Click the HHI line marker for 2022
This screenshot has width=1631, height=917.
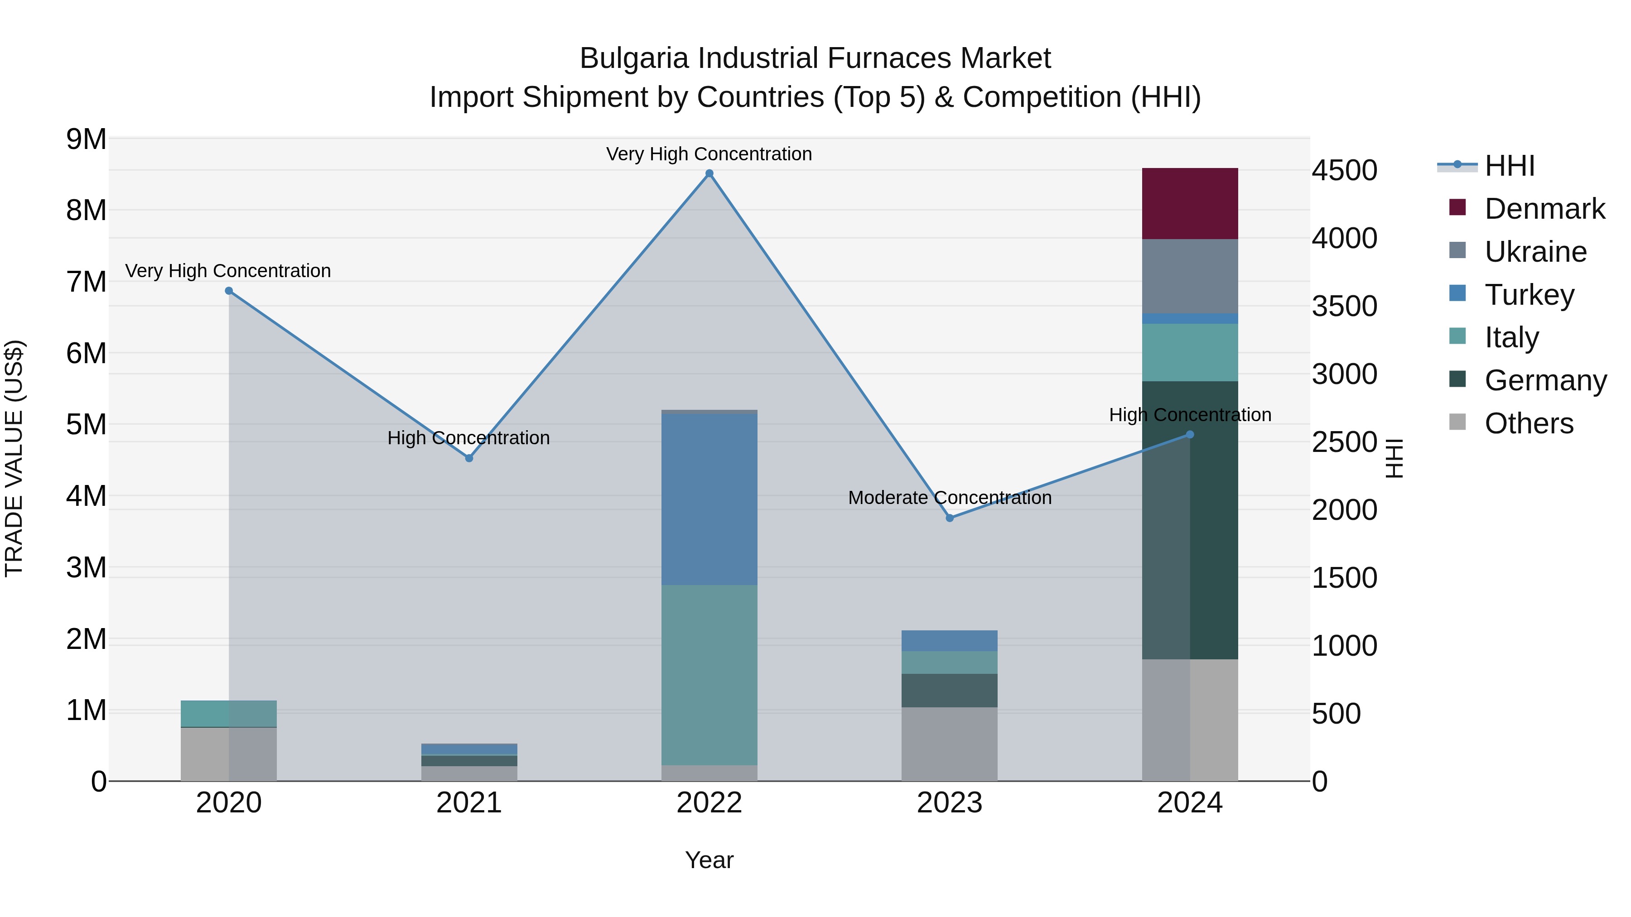tap(709, 173)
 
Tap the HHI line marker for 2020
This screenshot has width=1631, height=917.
tap(229, 291)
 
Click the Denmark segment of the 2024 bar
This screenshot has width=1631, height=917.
tap(1190, 204)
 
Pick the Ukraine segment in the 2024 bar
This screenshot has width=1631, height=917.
tap(1190, 277)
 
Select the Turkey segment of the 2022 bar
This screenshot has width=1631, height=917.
tap(709, 499)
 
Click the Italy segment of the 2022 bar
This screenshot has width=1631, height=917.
tap(709, 675)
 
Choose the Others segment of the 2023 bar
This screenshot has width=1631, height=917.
tap(950, 744)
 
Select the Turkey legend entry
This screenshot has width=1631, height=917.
tap(1529, 295)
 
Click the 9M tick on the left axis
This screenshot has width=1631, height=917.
tap(86, 139)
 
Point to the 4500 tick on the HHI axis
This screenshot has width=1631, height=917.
tap(1344, 170)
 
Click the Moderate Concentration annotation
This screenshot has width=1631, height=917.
tap(950, 498)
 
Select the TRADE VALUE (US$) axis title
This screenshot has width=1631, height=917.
tap(14, 458)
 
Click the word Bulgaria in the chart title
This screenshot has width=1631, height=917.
tap(634, 58)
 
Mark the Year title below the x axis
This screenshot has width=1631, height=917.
tap(709, 860)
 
